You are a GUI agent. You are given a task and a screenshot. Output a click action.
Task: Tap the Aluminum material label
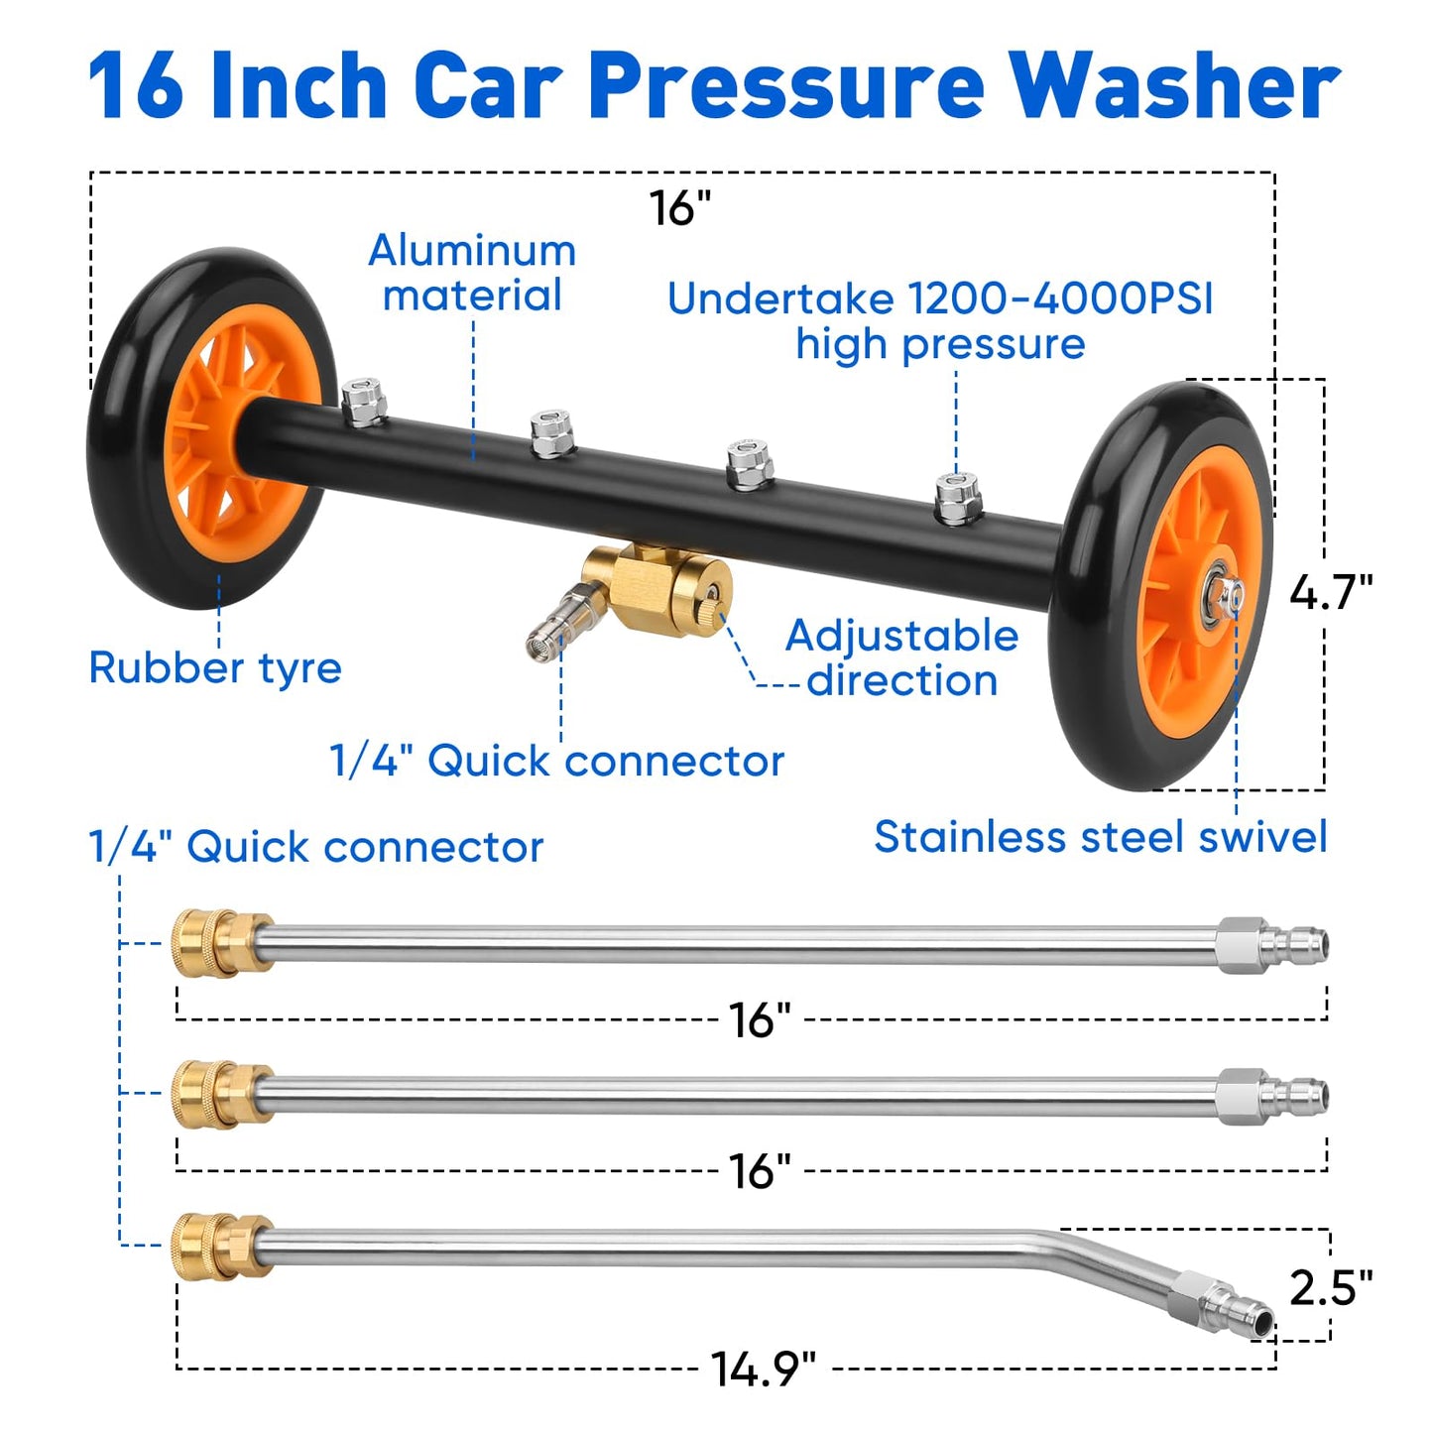pyautogui.click(x=472, y=273)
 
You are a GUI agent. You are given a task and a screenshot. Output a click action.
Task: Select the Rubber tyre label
pyautogui.click(x=215, y=667)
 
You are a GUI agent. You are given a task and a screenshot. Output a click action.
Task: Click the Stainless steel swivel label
pyautogui.click(x=1100, y=836)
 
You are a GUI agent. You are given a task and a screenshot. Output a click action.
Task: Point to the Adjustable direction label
pyautogui.click(x=901, y=657)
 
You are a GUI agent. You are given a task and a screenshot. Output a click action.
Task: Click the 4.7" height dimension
pyautogui.click(x=1330, y=592)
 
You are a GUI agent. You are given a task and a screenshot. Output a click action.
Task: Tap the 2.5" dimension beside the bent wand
pyautogui.click(x=1330, y=1287)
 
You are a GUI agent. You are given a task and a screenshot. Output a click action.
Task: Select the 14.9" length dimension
pyautogui.click(x=763, y=1370)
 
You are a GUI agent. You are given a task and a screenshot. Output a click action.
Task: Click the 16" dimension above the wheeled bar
pyautogui.click(x=680, y=208)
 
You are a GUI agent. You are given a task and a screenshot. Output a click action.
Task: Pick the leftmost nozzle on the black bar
pyautogui.click(x=364, y=402)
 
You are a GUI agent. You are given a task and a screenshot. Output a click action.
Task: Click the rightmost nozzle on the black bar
pyautogui.click(x=958, y=498)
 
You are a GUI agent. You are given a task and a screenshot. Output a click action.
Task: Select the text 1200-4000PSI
pyautogui.click(x=1059, y=299)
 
